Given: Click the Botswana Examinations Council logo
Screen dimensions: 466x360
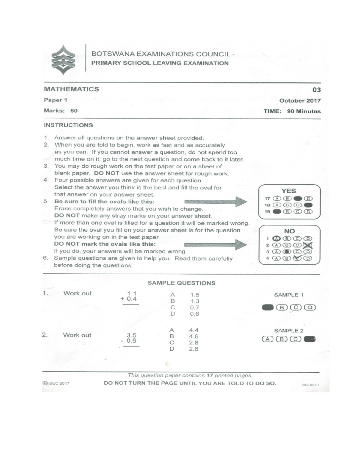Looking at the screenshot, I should (x=63, y=60).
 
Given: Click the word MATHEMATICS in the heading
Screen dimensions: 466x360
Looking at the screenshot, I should (x=71, y=89).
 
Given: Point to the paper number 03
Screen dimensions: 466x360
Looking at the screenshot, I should (x=316, y=90).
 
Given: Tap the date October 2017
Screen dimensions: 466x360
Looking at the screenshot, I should (x=300, y=101).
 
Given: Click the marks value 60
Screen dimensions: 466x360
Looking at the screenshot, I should (x=74, y=111).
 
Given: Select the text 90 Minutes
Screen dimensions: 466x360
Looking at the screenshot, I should (x=304, y=111).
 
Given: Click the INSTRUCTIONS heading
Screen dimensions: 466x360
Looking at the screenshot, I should (x=68, y=125).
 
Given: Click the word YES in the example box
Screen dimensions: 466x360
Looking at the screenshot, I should (x=289, y=191).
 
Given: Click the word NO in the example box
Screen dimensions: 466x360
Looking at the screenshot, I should (x=289, y=231).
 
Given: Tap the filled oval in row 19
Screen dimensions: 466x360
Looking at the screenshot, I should (x=277, y=212).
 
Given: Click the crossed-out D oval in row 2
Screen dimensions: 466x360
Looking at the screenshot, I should (x=308, y=245).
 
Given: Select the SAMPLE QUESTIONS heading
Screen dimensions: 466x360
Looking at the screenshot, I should (x=181, y=283).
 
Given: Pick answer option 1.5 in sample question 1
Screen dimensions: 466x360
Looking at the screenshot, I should (x=195, y=295).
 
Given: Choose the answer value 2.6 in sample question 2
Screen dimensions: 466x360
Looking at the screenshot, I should (x=193, y=349).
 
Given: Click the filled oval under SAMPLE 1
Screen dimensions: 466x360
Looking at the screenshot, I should (x=268, y=307).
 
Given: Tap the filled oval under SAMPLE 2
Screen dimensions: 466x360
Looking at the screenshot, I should (x=309, y=339).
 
